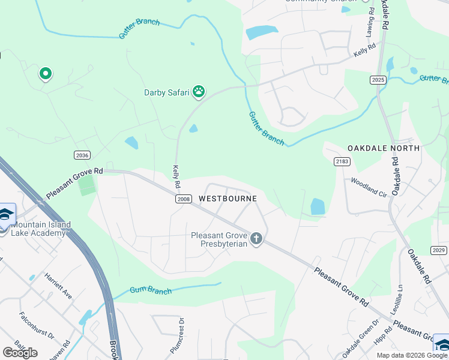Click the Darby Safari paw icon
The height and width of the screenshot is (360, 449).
[x=199, y=92]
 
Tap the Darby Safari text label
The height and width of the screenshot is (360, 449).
[x=166, y=92]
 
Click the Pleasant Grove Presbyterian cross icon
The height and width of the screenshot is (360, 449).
[x=256, y=239]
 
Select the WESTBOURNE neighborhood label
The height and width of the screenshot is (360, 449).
[x=228, y=199]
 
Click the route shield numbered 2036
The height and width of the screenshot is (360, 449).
[x=82, y=155]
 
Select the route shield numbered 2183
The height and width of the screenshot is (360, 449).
[x=342, y=162]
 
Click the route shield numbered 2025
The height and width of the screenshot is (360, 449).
[x=378, y=80]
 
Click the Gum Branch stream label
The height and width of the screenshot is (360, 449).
[x=150, y=291]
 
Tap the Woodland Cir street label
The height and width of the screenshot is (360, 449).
[x=369, y=186]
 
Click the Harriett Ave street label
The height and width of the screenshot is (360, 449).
[x=58, y=287]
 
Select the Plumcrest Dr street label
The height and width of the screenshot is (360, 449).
[x=179, y=340]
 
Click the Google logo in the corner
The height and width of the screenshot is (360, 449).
[x=20, y=353]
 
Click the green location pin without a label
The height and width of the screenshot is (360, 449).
[x=45, y=74]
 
